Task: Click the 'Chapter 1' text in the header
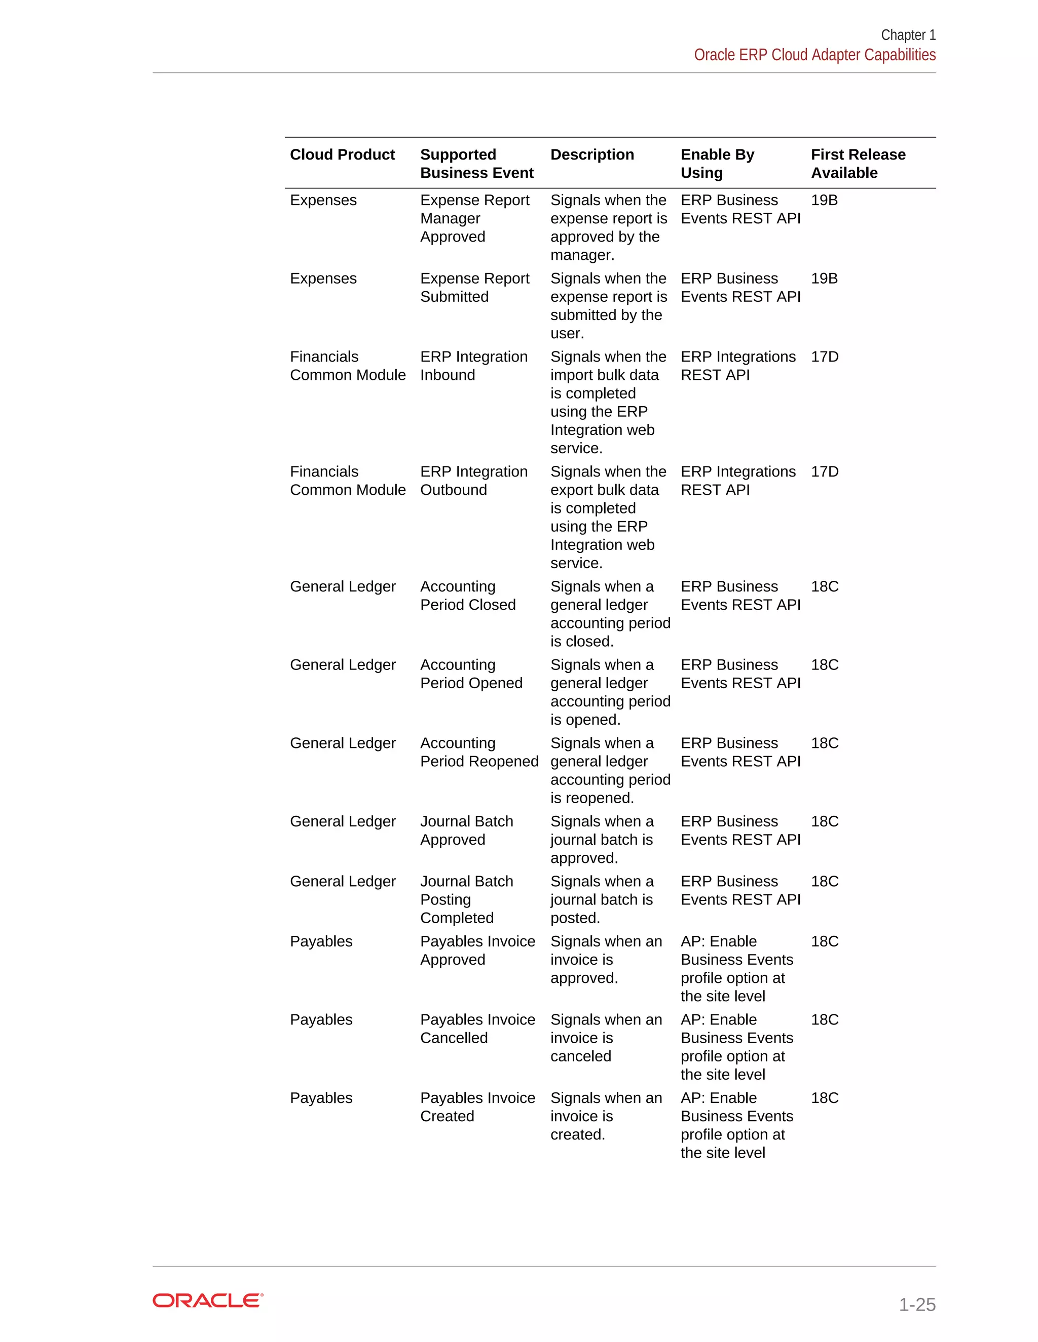pos(908,35)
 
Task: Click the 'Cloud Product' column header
pos(342,155)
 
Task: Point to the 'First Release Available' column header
pos(858,164)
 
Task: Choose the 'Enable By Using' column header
pos(717,164)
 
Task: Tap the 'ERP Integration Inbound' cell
pos(473,366)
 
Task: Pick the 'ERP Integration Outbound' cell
pos(473,481)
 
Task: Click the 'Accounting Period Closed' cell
pos(467,596)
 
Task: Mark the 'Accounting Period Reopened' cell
pos(479,752)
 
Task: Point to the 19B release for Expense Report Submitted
pos(824,279)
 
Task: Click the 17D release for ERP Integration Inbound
pos(824,357)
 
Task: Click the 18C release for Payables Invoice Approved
pos(824,941)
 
